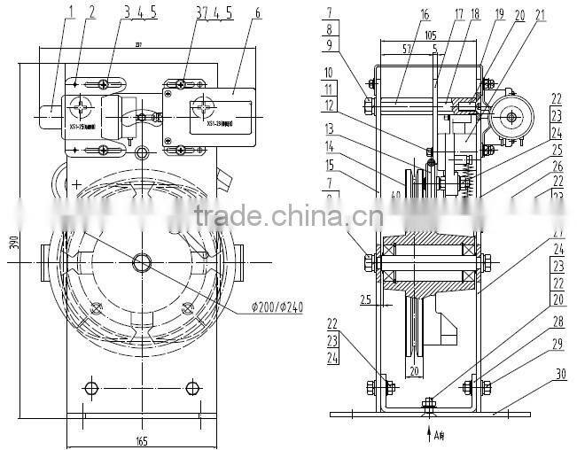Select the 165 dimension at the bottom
(141, 440)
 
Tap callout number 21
(540, 15)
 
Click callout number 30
(560, 374)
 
